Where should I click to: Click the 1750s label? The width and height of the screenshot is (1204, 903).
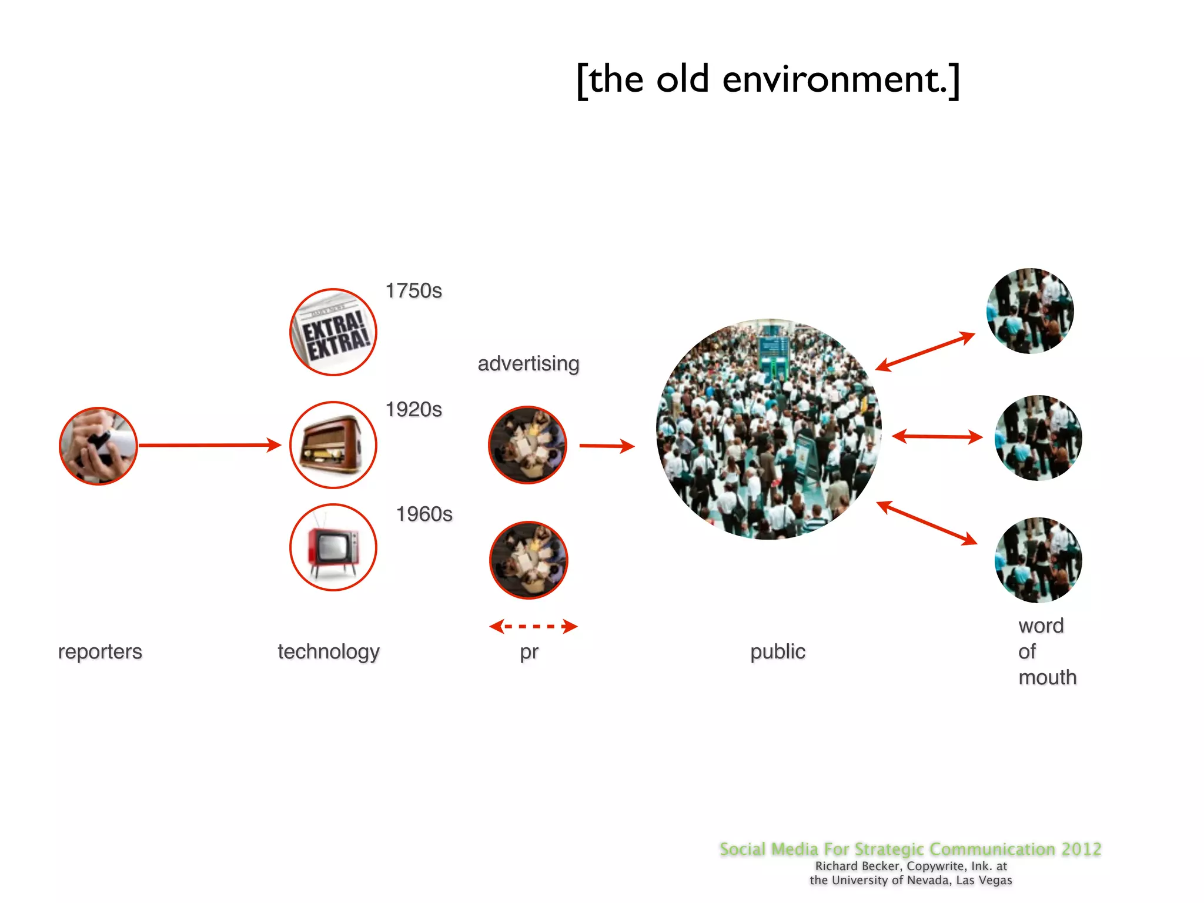413,290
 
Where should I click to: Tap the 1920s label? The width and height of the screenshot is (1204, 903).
413,409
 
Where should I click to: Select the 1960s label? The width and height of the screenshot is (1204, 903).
424,514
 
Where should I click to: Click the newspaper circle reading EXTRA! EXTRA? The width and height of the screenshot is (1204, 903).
333,332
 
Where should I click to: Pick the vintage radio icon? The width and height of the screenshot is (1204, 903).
333,445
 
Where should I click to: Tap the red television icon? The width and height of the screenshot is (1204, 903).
333,547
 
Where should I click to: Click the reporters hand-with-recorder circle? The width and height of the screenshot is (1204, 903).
98,446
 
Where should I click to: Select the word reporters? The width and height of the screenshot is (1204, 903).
100,651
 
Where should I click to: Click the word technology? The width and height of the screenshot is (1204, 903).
329,651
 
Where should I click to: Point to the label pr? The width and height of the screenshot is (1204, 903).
529,652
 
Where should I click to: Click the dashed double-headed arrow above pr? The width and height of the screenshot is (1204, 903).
533,626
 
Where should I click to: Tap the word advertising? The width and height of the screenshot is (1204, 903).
528,363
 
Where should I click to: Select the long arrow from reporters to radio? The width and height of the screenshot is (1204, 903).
209,445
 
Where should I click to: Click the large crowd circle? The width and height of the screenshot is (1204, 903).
768,429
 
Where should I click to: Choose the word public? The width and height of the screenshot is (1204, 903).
777,651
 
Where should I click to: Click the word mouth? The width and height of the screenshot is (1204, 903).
1047,677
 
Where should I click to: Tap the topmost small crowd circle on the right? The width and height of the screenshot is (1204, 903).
1030,310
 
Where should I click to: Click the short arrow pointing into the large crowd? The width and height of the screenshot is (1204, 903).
606,446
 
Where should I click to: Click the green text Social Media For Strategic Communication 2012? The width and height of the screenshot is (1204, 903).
910,849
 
